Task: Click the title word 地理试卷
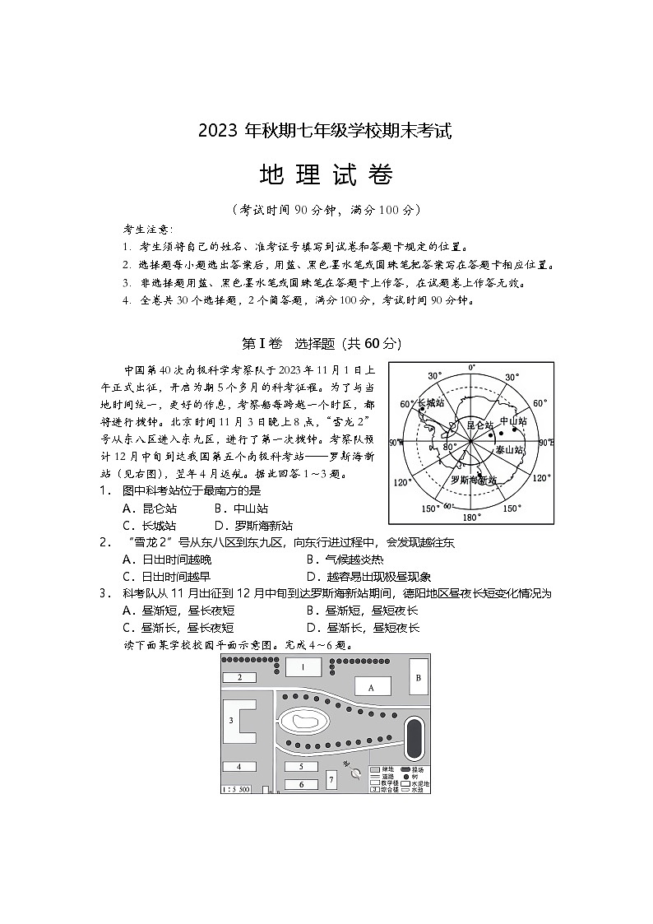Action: click(326, 175)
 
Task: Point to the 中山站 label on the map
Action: click(512, 421)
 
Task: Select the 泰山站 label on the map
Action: click(510, 450)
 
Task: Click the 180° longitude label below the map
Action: click(470, 518)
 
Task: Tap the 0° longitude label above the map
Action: click(471, 367)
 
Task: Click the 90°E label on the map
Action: click(545, 443)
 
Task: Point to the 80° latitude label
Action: click(450, 447)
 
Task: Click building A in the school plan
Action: click(372, 686)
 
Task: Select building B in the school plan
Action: click(418, 678)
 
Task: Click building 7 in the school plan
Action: click(331, 778)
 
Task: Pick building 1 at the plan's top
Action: click(303, 666)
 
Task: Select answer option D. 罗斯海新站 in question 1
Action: click(253, 526)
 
